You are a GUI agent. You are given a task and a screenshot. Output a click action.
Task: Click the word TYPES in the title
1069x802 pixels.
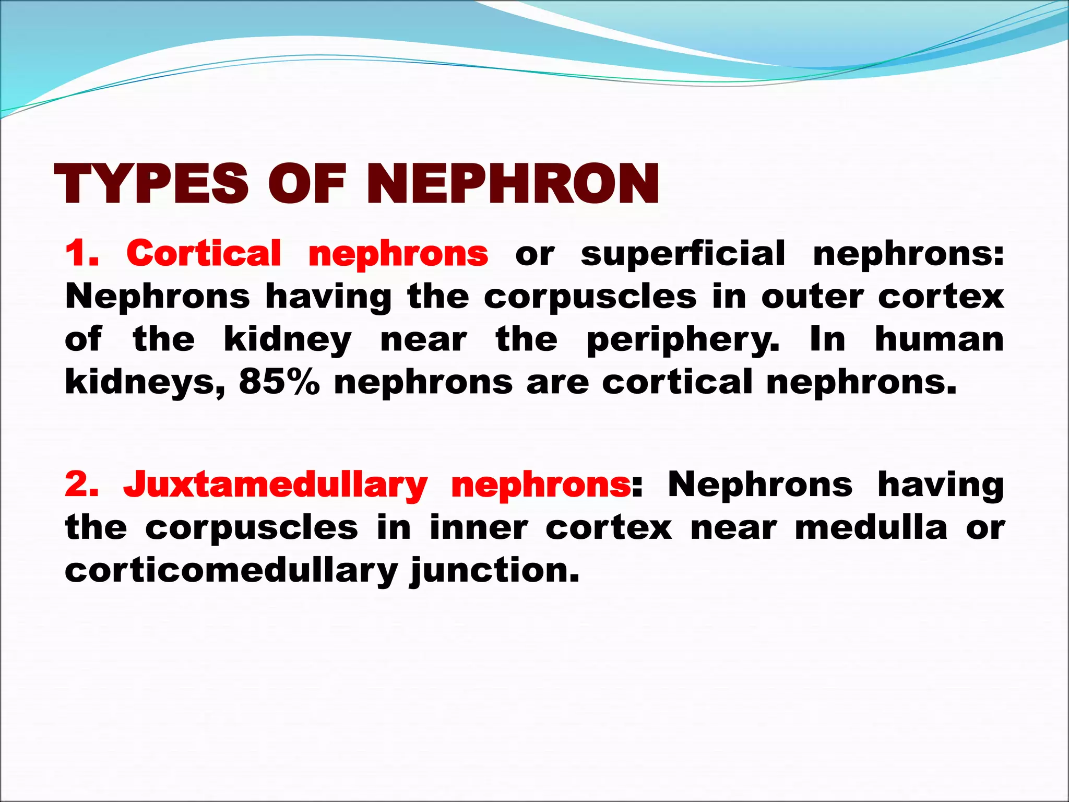151,184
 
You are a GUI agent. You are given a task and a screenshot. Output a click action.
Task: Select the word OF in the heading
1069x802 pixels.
307,184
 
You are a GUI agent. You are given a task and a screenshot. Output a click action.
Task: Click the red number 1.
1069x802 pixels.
81,254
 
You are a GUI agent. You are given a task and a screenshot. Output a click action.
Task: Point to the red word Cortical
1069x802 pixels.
204,254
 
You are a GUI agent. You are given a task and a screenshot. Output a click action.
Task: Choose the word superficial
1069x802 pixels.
683,254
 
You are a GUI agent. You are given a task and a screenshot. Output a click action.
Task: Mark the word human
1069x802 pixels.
939,339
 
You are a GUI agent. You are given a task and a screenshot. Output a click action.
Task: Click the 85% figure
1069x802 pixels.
279,382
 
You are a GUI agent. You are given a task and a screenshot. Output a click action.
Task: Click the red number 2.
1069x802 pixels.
81,485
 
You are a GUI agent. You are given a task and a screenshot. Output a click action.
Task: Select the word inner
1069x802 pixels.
478,527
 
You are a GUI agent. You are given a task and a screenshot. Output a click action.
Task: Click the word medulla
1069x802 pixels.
871,527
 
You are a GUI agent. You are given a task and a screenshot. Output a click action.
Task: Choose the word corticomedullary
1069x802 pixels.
231,570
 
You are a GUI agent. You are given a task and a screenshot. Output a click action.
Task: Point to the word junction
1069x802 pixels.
495,571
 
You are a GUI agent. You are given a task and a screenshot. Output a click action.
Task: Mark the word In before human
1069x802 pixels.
827,339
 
